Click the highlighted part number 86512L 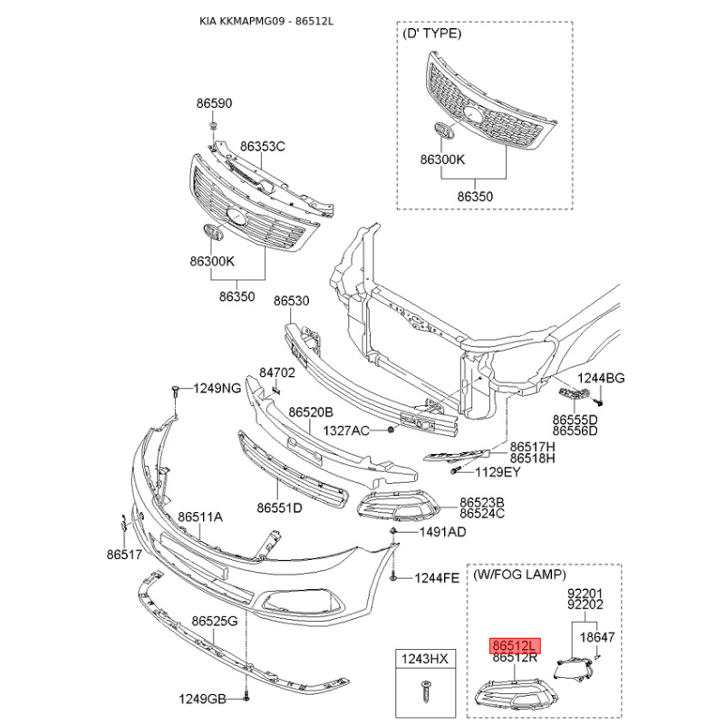515,645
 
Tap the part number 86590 214,104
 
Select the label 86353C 263,146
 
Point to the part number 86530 292,300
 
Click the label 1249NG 217,388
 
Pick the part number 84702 277,372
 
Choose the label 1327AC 347,430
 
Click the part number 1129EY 498,471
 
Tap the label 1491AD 441,532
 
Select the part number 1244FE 438,577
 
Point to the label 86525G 214,622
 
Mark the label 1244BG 603,378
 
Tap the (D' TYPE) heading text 431,34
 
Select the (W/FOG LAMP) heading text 519,575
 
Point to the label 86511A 200,517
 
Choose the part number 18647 597,637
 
